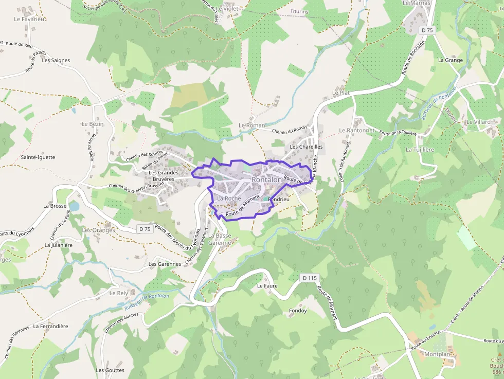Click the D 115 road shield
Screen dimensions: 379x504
[309, 278]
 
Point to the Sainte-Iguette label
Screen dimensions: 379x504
[38, 157]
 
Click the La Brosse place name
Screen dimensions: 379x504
[55, 206]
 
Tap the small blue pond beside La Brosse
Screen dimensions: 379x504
[74, 206]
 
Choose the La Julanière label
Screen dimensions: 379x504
[58, 245]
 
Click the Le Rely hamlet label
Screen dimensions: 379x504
[119, 293]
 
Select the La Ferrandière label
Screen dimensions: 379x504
[50, 326]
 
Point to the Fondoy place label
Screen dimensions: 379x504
[298, 311]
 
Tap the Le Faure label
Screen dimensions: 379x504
[267, 285]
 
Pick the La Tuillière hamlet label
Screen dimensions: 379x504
[420, 150]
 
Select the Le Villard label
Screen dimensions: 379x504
[478, 122]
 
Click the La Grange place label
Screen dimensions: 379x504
[450, 60]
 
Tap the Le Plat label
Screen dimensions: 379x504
[341, 93]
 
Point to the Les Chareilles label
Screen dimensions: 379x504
[306, 147]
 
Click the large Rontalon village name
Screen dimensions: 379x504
[267, 179]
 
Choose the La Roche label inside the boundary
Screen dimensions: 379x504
[229, 198]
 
